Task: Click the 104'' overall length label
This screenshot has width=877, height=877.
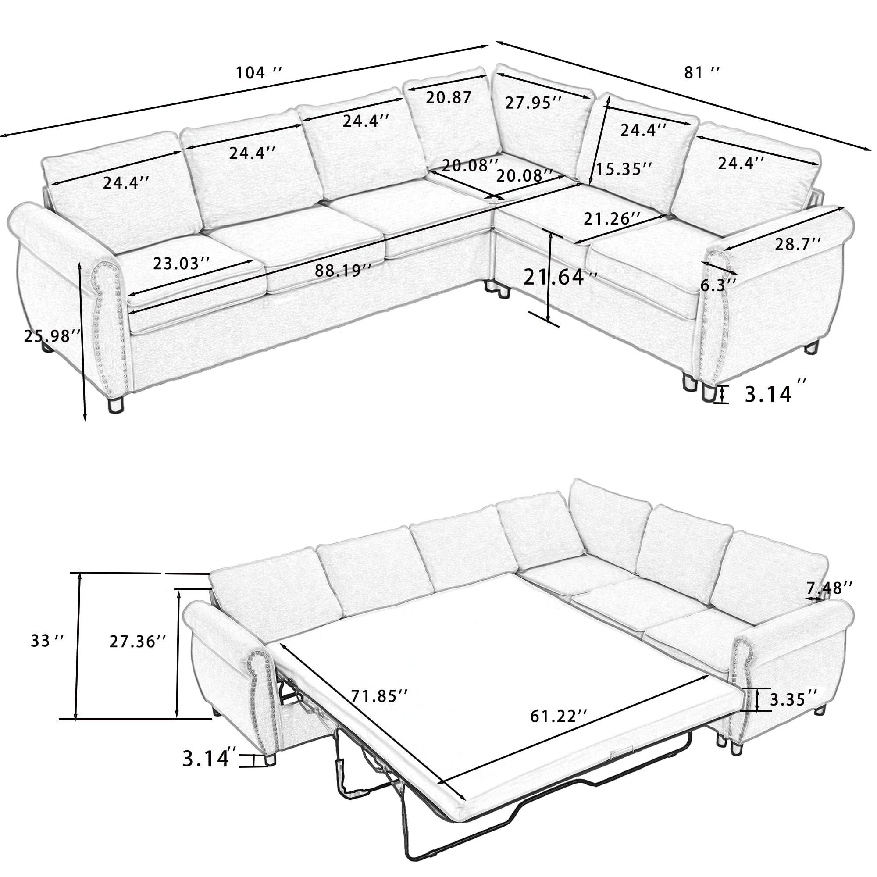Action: coord(259,73)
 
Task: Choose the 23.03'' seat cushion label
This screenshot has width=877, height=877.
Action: coord(182,264)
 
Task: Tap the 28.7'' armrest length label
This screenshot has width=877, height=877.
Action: coord(798,244)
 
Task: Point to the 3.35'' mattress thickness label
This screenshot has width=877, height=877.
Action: coord(794,712)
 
